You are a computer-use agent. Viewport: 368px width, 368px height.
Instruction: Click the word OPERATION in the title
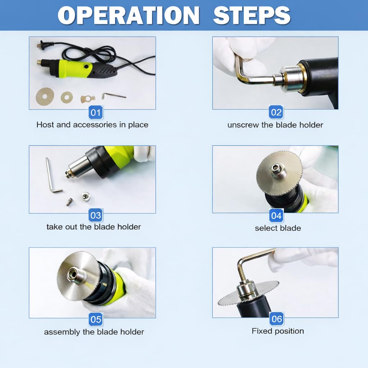click(x=128, y=15)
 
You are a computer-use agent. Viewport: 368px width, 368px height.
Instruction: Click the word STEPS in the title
click(x=252, y=15)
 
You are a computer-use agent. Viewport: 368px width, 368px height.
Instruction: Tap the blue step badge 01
click(x=96, y=112)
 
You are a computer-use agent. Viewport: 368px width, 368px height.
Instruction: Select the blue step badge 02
click(x=276, y=112)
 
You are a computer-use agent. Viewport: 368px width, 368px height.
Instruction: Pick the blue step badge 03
click(x=96, y=215)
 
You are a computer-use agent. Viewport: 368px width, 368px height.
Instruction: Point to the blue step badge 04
click(x=276, y=216)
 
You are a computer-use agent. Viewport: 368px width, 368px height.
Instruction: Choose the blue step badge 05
click(x=96, y=319)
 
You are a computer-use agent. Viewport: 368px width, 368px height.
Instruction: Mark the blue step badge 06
click(x=277, y=319)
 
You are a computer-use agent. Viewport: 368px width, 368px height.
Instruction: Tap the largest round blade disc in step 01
click(x=45, y=96)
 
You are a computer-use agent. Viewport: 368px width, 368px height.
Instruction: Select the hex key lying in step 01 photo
click(x=114, y=96)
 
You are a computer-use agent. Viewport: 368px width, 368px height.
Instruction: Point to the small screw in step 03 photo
click(x=69, y=202)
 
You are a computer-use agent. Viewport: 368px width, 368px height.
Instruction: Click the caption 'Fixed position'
click(x=278, y=331)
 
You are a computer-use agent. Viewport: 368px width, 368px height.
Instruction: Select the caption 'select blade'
click(x=278, y=228)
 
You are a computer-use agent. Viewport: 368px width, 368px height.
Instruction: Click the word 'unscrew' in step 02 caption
click(x=243, y=125)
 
